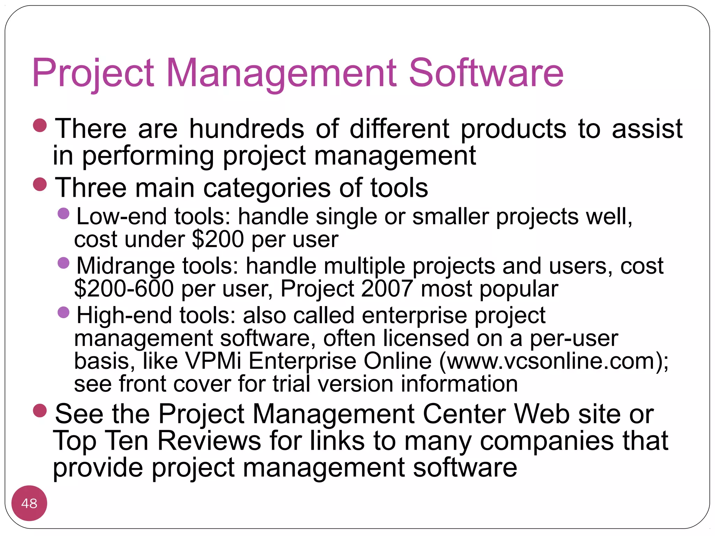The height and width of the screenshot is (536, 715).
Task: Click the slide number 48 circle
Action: tap(29, 503)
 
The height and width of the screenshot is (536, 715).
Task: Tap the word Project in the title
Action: tap(93, 73)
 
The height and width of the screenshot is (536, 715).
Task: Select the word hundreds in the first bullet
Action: tap(246, 129)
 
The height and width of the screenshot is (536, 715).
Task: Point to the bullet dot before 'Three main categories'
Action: tap(40, 185)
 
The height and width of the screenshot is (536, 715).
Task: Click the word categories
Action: tap(266, 188)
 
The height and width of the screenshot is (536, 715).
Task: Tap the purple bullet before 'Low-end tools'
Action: tap(64, 213)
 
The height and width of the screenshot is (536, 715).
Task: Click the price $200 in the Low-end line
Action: tap(218, 239)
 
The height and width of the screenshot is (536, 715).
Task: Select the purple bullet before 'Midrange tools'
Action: tap(64, 263)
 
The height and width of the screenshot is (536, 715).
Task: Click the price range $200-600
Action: tap(124, 289)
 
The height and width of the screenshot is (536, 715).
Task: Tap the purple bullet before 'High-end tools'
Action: tap(64, 312)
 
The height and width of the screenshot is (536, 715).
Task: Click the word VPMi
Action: tap(213, 361)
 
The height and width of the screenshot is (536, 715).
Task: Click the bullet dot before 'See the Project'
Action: tap(40, 411)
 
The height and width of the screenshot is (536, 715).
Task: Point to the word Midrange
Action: tap(125, 266)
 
